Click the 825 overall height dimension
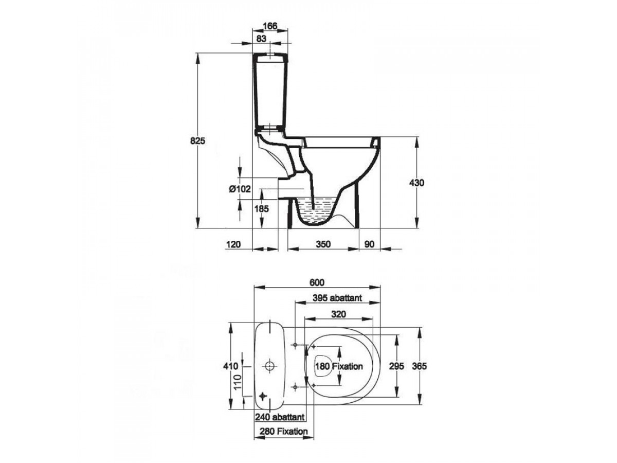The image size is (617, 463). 197,140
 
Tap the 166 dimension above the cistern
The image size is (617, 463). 270,26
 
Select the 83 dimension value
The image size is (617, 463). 261,39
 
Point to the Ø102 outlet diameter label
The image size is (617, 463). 240,189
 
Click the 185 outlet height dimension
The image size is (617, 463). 261,208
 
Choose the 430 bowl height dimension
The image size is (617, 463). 416,183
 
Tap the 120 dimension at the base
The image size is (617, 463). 233,244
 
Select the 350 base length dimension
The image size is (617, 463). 323,244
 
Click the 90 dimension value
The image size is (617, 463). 369,244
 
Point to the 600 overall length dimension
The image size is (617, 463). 317,282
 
